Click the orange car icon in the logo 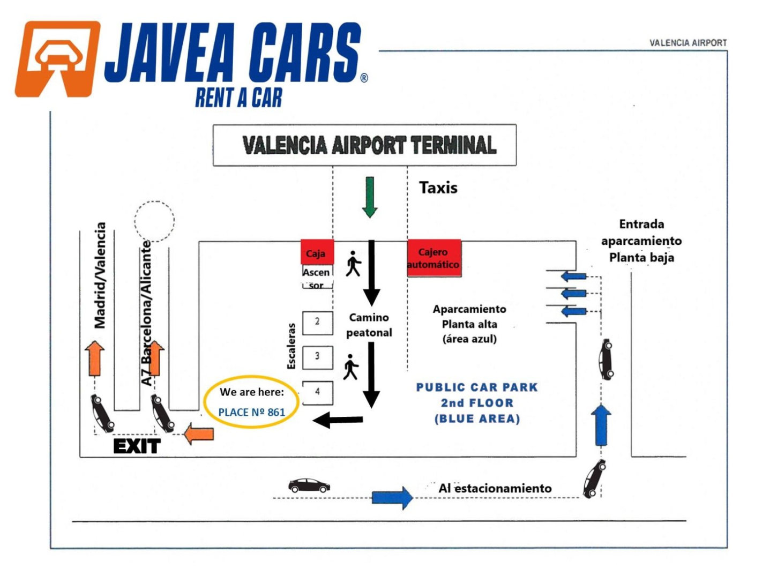(x=57, y=59)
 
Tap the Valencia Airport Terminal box (x=364, y=145)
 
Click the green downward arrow (x=369, y=197)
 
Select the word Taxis (x=438, y=188)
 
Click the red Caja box (x=317, y=252)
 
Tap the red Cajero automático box (x=434, y=258)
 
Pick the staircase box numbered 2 (x=317, y=323)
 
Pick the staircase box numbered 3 (x=317, y=357)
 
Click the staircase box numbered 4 (x=317, y=392)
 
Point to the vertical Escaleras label (x=291, y=346)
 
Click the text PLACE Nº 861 (x=251, y=412)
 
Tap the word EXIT (x=137, y=446)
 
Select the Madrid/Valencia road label (x=100, y=275)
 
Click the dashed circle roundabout (x=154, y=221)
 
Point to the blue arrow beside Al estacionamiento (x=392, y=497)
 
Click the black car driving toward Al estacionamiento (x=309, y=485)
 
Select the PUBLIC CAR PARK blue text (x=476, y=387)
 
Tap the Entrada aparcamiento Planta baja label (x=641, y=241)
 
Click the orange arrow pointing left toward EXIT (x=199, y=433)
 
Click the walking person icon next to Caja (x=353, y=263)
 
